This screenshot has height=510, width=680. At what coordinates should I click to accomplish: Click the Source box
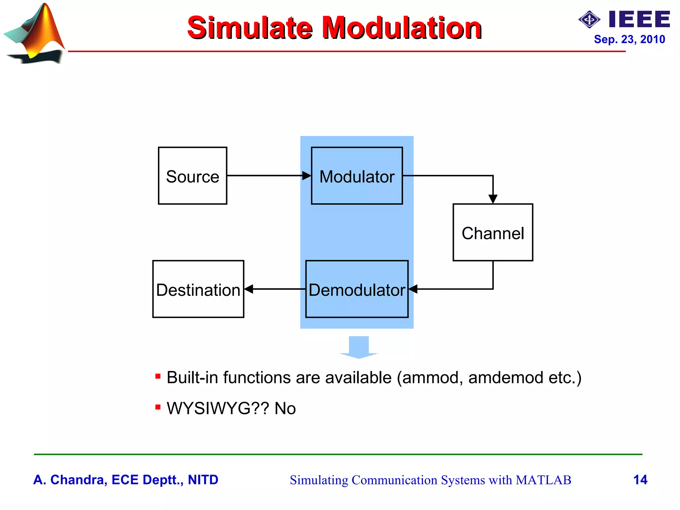tap(193, 176)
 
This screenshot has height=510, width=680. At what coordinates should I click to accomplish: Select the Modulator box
tap(357, 176)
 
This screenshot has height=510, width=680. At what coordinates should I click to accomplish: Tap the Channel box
tap(493, 232)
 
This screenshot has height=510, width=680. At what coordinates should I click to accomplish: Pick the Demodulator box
tap(357, 289)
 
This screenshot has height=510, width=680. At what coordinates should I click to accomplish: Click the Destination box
tap(198, 289)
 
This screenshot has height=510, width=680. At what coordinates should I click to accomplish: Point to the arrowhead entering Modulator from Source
tap(306, 176)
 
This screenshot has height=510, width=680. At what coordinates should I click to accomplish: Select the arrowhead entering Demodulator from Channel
tap(413, 289)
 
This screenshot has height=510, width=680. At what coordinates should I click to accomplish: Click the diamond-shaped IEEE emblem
tap(589, 20)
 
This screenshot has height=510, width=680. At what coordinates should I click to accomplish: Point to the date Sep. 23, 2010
tap(629, 39)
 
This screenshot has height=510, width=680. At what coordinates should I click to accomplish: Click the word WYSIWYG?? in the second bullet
tap(218, 408)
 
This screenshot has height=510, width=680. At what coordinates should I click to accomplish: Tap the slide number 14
tap(640, 480)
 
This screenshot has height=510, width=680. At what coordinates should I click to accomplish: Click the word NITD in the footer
tap(203, 480)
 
